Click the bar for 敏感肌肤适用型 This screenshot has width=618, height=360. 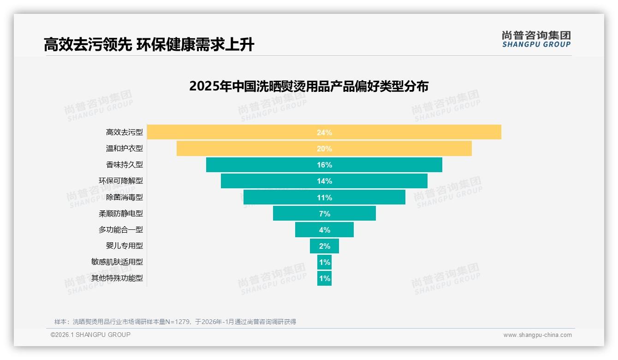click(x=324, y=262)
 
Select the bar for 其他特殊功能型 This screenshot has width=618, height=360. click(x=324, y=278)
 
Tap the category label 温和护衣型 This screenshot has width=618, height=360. click(x=124, y=149)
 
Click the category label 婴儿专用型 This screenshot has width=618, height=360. click(x=124, y=246)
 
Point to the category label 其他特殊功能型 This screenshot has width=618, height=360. click(x=117, y=278)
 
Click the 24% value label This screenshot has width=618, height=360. click(x=324, y=132)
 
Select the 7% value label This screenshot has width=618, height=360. click(x=324, y=214)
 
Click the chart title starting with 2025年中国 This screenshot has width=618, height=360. click(x=309, y=86)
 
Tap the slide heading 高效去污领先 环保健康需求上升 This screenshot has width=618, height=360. click(x=149, y=45)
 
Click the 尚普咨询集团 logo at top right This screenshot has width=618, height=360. click(x=536, y=39)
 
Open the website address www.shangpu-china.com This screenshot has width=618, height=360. click(x=537, y=335)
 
